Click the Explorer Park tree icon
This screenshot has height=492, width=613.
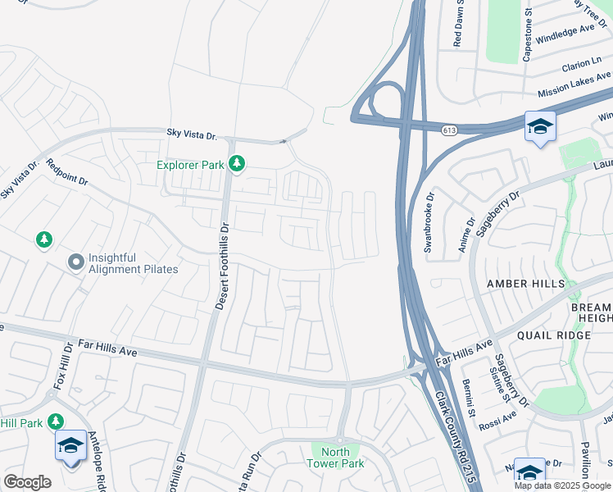pos(237,165)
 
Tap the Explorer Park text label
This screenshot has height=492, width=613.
pos(191,165)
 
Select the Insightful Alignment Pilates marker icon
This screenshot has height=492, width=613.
pos(76,262)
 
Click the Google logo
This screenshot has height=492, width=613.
pos(27,481)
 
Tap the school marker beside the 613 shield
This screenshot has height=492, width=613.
pos(540,127)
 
